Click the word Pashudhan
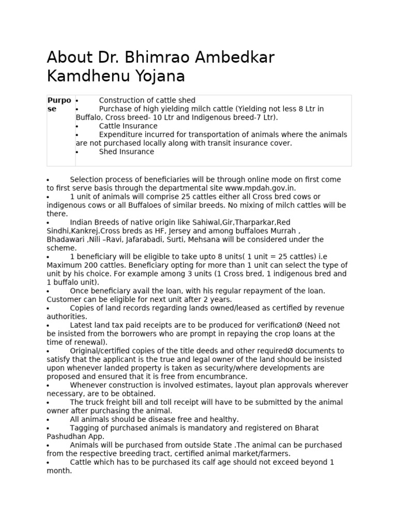[67, 436]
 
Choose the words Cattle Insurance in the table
[128, 126]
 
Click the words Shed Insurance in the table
[126, 152]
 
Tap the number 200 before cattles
[90, 265]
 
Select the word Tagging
[85, 428]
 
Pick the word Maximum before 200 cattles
[64, 265]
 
